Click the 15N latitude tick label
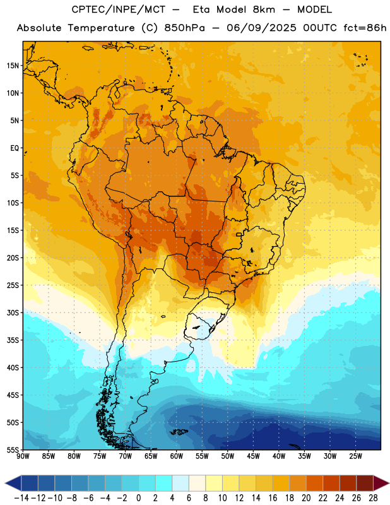pos(13,66)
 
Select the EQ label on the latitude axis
pos(15,148)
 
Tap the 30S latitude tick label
pos(13,312)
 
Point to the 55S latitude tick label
pos(13,449)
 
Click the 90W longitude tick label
pos(23,456)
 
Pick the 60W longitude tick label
pos(177,456)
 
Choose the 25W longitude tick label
pos(355,456)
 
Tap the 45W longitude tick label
pos(253,456)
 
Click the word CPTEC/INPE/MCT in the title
pos(118,9)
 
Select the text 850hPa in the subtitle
pos(184,28)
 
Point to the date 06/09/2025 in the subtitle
pos(261,28)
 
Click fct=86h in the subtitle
pos(365,28)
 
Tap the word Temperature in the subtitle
pos(101,28)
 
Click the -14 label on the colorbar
pos(21,498)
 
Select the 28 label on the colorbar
pos(373,498)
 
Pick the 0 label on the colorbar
pos(138,498)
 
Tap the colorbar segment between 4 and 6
pos(180,483)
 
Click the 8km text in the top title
pos(264,9)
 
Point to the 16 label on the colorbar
pos(273,498)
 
